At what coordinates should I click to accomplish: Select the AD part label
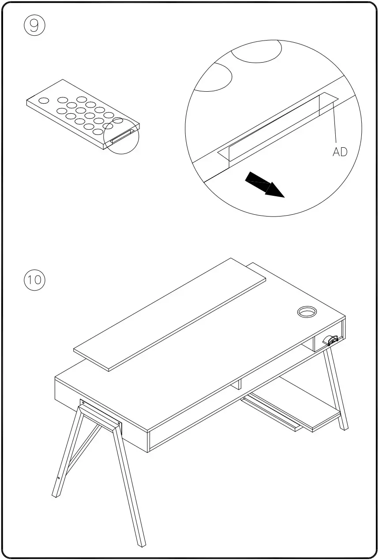pos(340,152)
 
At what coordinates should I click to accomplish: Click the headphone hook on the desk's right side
pos(330,340)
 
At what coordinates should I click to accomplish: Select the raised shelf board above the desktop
pos(170,314)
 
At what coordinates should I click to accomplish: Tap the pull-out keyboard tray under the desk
pos(291,410)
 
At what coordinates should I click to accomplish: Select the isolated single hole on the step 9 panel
pos(43,101)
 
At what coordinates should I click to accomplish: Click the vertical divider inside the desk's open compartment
pos(239,384)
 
